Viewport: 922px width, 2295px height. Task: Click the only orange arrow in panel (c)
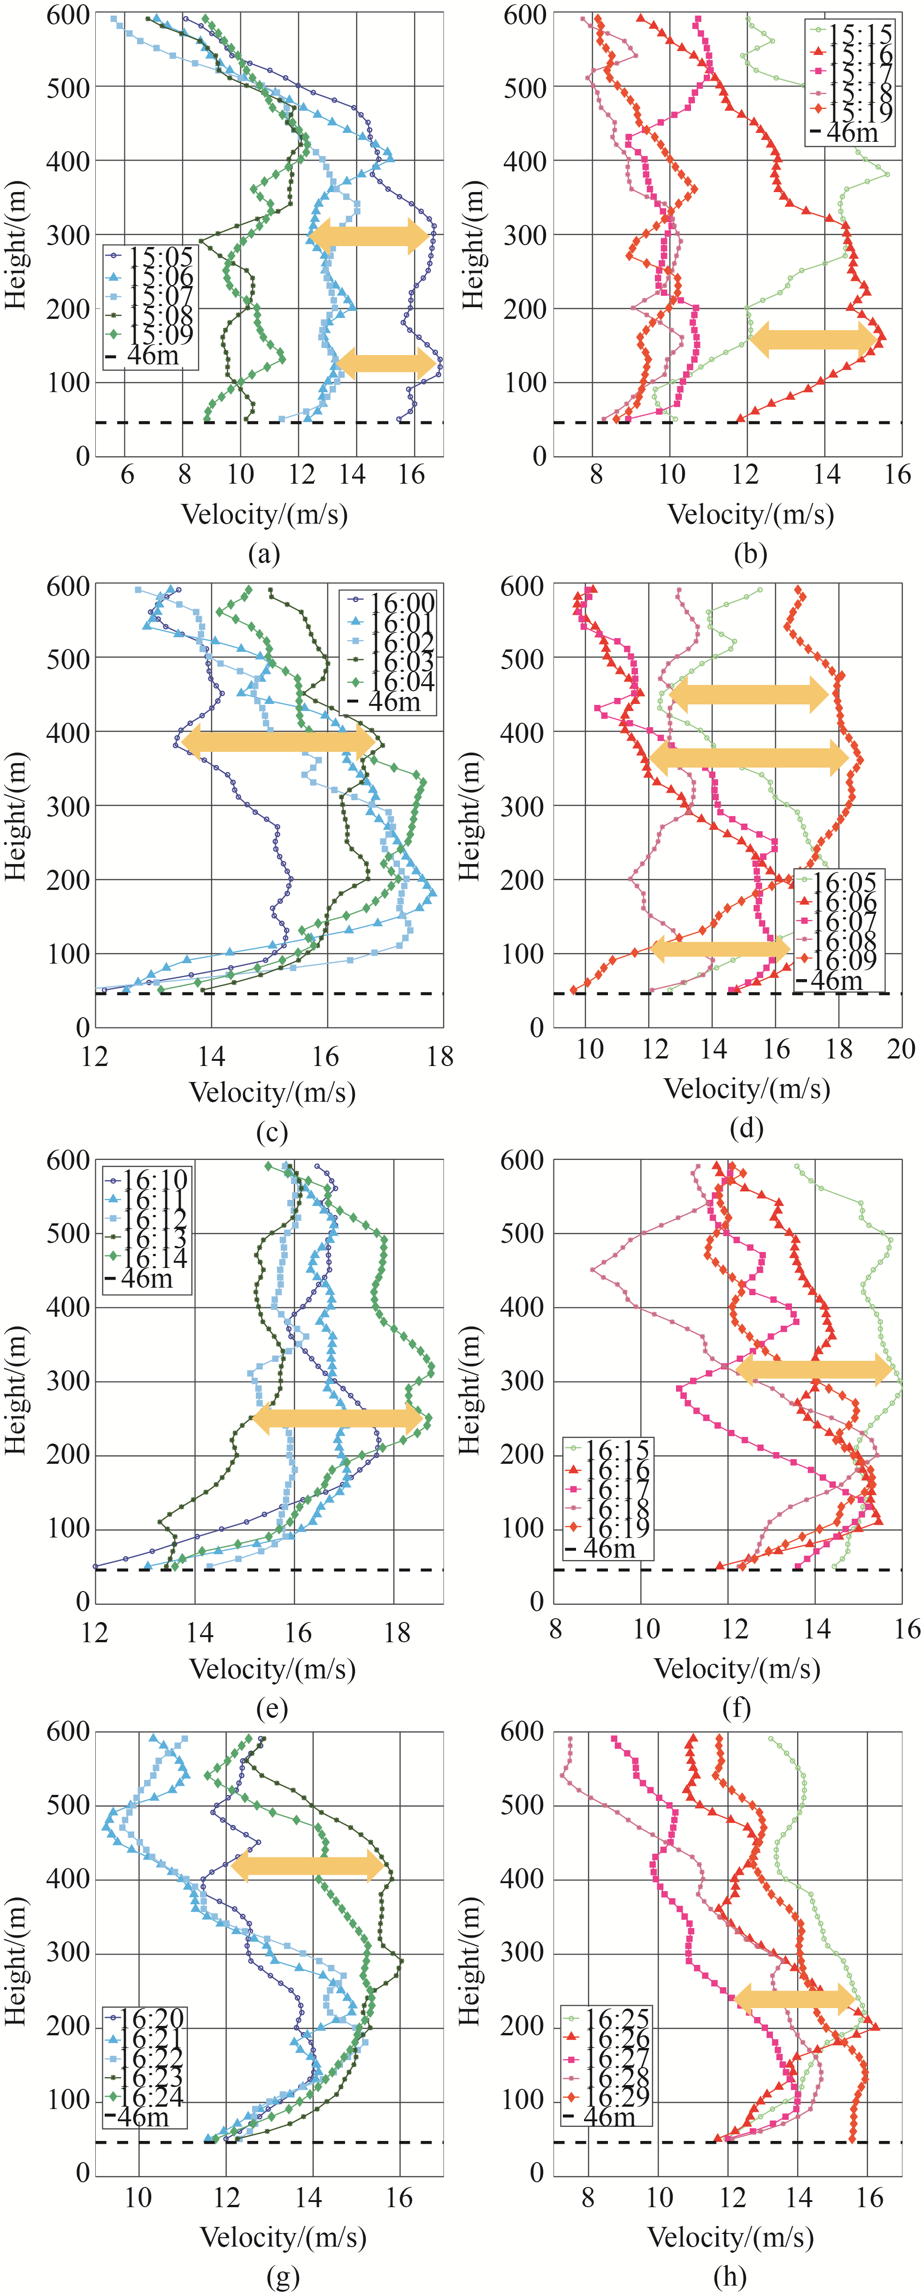279,741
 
